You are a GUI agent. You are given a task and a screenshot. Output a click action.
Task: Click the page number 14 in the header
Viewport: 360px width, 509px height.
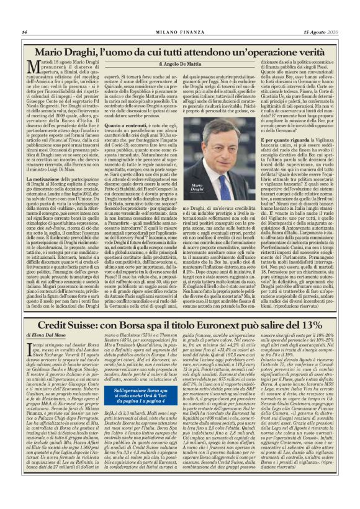coord(24,32)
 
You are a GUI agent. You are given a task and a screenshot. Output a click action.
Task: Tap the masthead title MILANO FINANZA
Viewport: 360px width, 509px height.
coord(179,32)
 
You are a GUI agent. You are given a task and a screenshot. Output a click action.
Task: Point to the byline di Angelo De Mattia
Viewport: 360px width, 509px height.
coord(179,64)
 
